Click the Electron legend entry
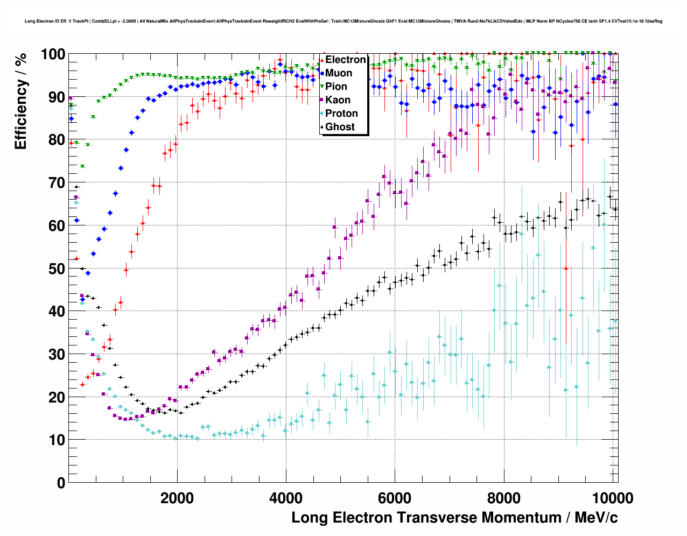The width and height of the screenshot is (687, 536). (345, 60)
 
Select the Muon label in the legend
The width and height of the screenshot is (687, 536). (339, 73)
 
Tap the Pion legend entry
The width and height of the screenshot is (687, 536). (336, 87)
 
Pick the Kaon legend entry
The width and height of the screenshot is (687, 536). (338, 100)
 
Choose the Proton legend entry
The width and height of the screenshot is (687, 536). (341, 114)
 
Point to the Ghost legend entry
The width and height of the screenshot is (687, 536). (340, 127)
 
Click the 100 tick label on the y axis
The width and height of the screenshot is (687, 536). (53, 54)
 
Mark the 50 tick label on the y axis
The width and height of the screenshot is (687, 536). (57, 269)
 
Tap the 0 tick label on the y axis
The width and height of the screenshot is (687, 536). (61, 483)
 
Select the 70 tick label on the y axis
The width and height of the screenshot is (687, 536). (57, 183)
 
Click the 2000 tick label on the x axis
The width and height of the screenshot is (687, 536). (177, 498)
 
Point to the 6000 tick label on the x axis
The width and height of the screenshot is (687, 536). (395, 498)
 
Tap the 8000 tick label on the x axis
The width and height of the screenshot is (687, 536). (503, 498)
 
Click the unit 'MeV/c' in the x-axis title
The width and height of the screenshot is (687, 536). (596, 518)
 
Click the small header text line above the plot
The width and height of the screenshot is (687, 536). (343, 21)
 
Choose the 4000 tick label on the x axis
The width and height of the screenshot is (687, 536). (286, 498)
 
